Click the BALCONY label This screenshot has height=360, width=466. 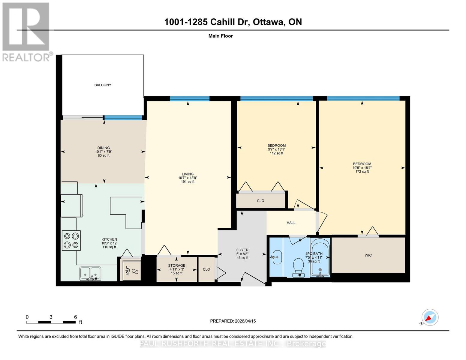click(x=103, y=85)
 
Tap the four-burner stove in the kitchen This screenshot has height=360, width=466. click(x=71, y=240)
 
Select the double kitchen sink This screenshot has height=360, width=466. click(x=90, y=274)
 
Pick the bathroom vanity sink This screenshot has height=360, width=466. click(x=277, y=257)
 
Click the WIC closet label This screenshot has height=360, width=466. click(x=368, y=255)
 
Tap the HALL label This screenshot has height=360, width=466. click(x=291, y=223)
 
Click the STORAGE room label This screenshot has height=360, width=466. click(x=176, y=265)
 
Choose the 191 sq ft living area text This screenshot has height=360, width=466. click(x=188, y=182)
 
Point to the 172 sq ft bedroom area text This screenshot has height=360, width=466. click(x=362, y=172)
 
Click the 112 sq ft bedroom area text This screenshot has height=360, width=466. click(x=276, y=153)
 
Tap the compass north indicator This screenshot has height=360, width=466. click(x=430, y=317)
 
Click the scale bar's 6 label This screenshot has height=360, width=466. click(x=75, y=317)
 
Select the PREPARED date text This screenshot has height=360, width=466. click(x=233, y=321)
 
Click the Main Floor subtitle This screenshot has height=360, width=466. click(x=221, y=36)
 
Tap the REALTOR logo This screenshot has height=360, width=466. click(x=26, y=31)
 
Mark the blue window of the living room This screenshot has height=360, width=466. click(x=189, y=99)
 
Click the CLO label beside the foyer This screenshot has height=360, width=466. click(x=206, y=269)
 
